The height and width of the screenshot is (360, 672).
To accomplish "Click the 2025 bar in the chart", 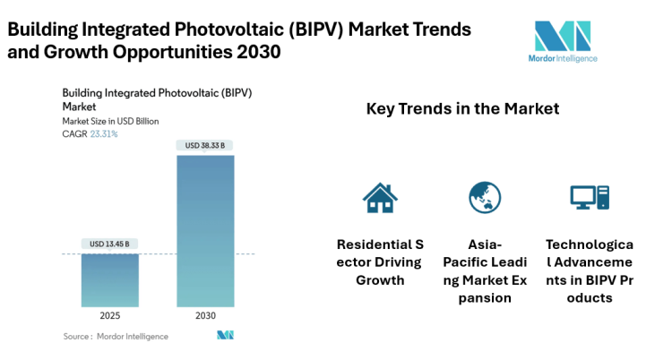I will coord(110,280).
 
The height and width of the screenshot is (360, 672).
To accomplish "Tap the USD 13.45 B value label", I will coord(110,244).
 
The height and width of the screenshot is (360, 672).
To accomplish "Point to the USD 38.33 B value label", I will coord(205,145).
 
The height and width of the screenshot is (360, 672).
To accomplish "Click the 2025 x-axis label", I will coord(110,316).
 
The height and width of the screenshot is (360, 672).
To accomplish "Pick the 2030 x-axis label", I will coord(205,316).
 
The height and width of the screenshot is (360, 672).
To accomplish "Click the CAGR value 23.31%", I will coord(104,133).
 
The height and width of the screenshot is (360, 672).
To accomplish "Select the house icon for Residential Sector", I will coord(380,197).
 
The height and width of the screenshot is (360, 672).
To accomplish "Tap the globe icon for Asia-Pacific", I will coord(485,197).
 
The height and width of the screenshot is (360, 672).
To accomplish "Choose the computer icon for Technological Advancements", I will coord(590,197).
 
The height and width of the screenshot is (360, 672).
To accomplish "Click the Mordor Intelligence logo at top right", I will coord(563,41).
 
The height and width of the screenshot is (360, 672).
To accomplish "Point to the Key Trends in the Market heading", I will coord(462,108).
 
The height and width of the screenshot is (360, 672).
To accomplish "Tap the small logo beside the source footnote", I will coord(225,336).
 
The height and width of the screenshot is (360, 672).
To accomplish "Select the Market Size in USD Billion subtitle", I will coord(111,121).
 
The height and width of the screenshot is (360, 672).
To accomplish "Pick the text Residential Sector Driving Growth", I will coord(380,261).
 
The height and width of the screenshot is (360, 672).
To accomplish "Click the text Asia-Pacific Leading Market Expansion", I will coord(485,270).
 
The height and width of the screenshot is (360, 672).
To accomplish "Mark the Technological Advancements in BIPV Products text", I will coord(590,270).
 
